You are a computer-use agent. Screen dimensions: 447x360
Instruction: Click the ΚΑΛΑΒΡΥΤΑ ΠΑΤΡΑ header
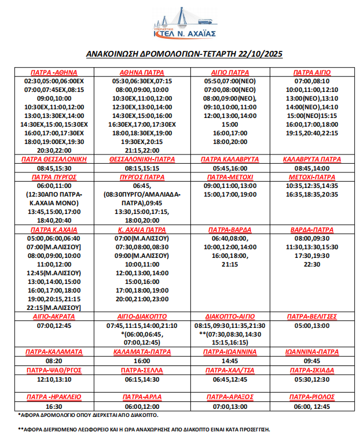[312, 158]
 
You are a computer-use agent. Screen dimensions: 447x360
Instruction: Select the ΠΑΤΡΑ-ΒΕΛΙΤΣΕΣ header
[312, 317]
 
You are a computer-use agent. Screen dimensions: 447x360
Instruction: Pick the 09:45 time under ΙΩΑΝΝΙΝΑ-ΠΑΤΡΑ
[312, 360]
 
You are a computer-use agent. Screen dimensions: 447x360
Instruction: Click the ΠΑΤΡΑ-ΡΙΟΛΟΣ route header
[312, 397]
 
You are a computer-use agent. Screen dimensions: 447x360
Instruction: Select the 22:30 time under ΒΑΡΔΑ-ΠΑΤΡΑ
[312, 264]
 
